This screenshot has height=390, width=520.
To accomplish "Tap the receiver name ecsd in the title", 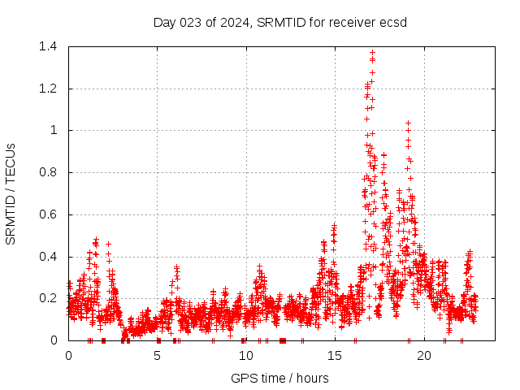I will point(393,22).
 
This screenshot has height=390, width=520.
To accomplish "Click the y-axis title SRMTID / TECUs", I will point(11,193).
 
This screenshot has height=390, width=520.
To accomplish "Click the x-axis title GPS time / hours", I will point(279,378).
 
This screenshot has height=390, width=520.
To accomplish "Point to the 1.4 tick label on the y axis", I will point(47,46).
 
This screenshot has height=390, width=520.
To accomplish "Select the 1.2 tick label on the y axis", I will point(47,89).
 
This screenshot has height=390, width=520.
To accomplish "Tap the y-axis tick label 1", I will point(54,130).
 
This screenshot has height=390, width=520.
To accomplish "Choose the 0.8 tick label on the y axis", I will point(47,172).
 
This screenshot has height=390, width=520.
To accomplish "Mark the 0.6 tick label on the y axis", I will point(47,214).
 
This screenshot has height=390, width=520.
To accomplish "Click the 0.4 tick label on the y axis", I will point(47,257).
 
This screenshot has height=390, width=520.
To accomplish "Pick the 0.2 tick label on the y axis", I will point(47,298).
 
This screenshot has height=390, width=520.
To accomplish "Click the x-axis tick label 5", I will point(157,355).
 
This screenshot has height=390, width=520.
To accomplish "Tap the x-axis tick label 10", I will point(245,355).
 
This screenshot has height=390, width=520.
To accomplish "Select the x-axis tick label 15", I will point(335,355).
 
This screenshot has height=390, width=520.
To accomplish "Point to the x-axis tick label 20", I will point(423,355).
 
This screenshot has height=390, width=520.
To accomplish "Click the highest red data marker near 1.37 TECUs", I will point(372,53).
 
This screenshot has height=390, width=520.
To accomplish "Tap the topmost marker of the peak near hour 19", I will point(408,123).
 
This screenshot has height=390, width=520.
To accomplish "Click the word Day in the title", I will point(164,22).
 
